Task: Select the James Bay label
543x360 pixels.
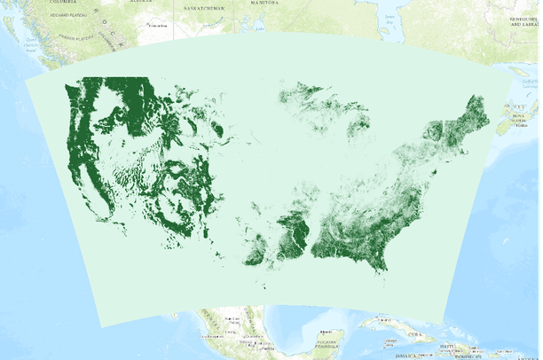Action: (x=388, y=15)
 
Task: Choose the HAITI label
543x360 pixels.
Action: (x=450, y=346)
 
